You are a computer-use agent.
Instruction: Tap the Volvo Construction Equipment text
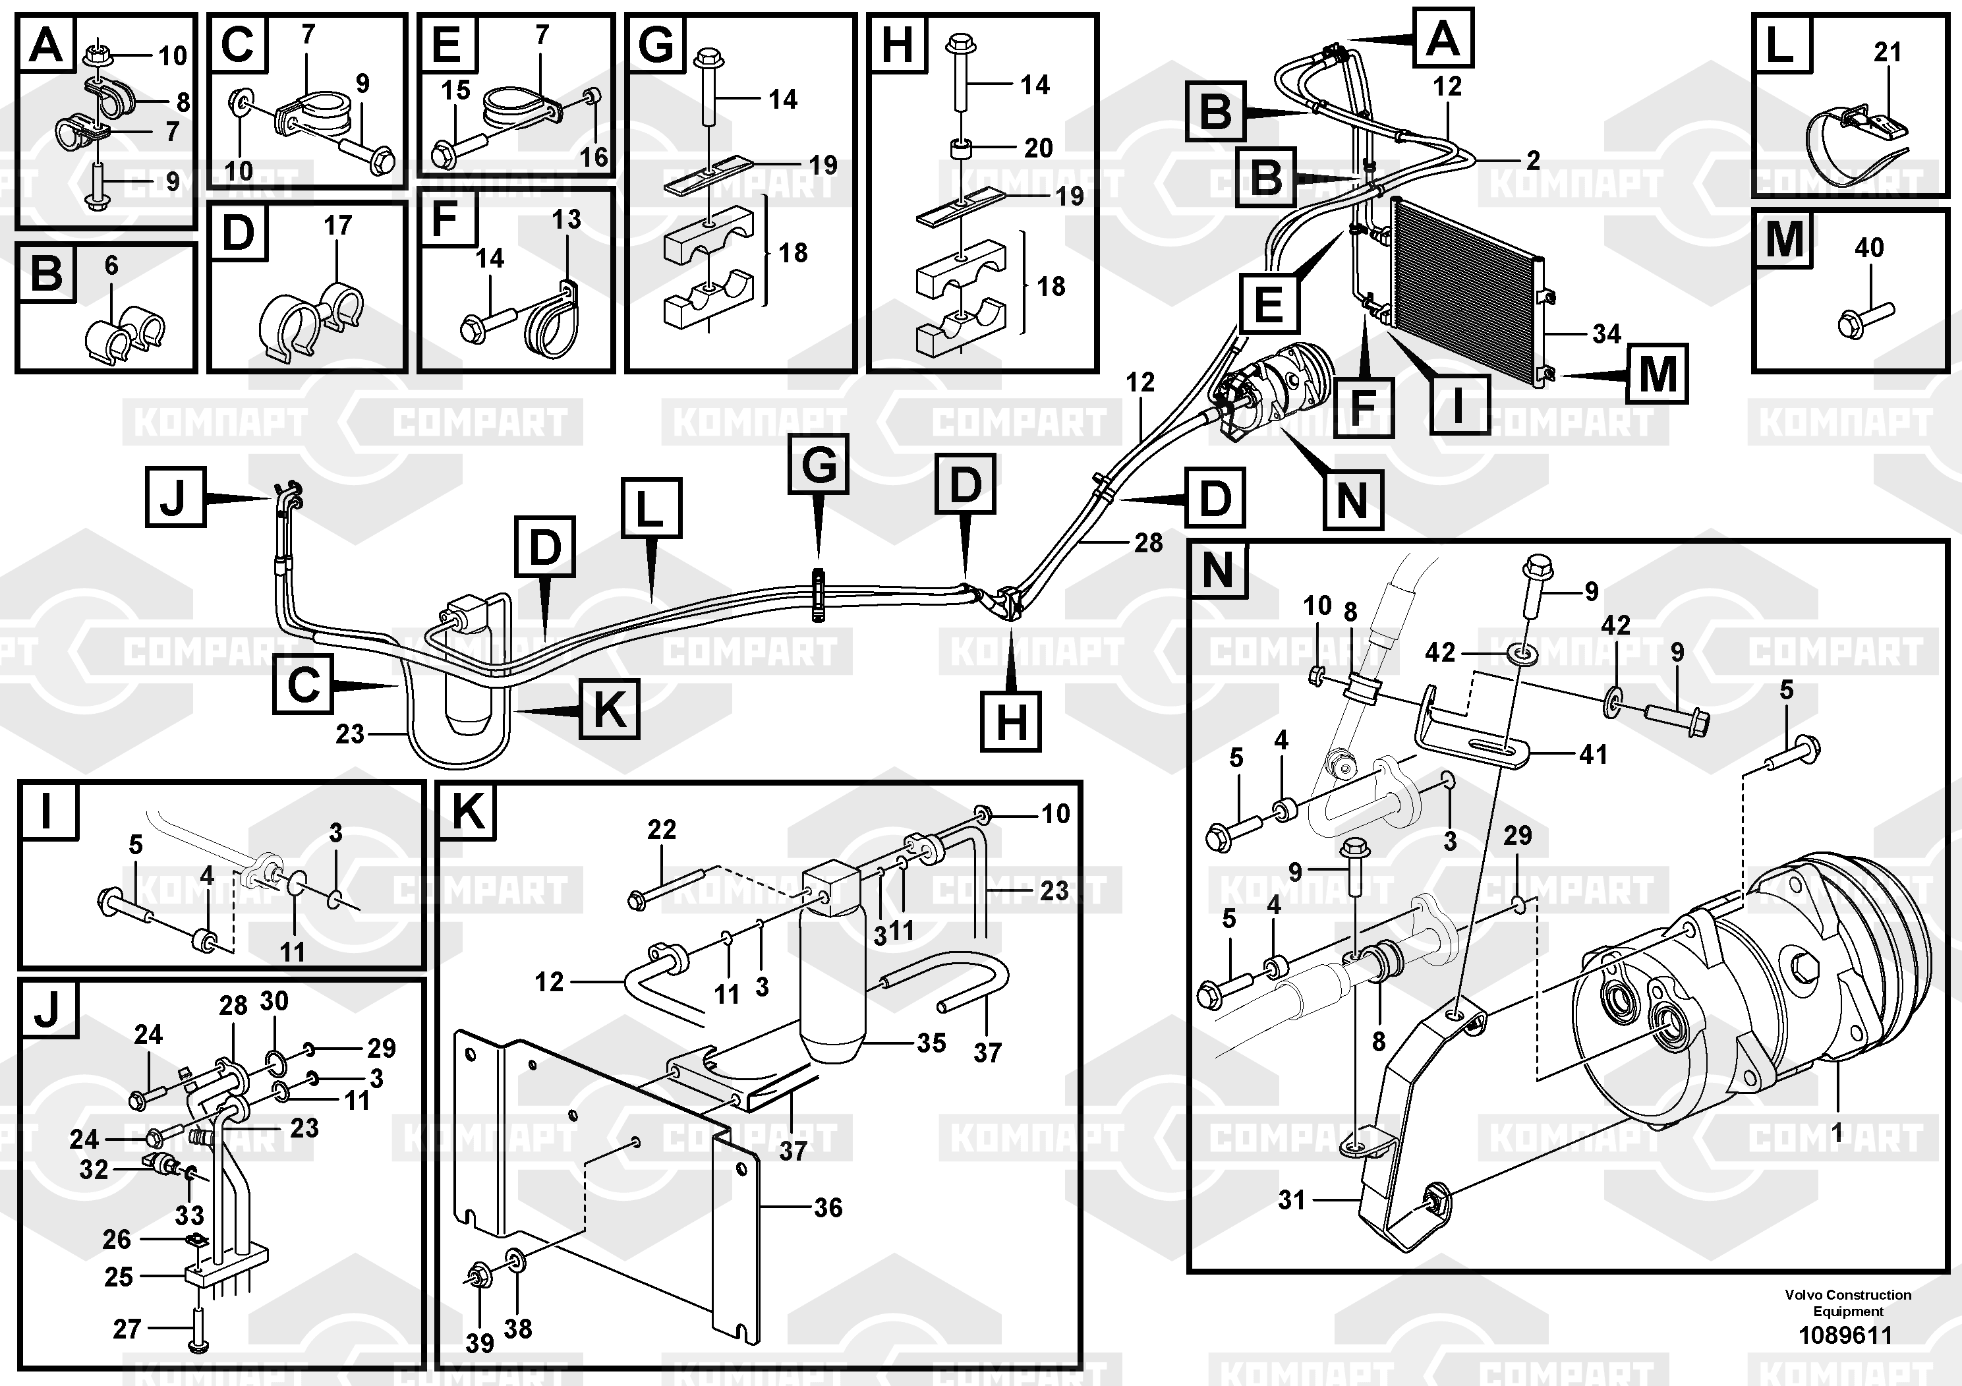click(x=1847, y=1303)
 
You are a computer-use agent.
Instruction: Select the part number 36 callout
click(x=827, y=1207)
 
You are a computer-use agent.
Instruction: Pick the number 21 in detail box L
click(x=1887, y=52)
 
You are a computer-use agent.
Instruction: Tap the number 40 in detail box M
click(x=1869, y=248)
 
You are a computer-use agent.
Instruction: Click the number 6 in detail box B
click(x=112, y=266)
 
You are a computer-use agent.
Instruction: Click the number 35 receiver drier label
click(x=931, y=1043)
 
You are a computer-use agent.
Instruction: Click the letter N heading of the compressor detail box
click(x=1217, y=570)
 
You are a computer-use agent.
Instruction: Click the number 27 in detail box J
click(x=127, y=1329)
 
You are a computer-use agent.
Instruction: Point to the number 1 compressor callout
click(x=1835, y=1135)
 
